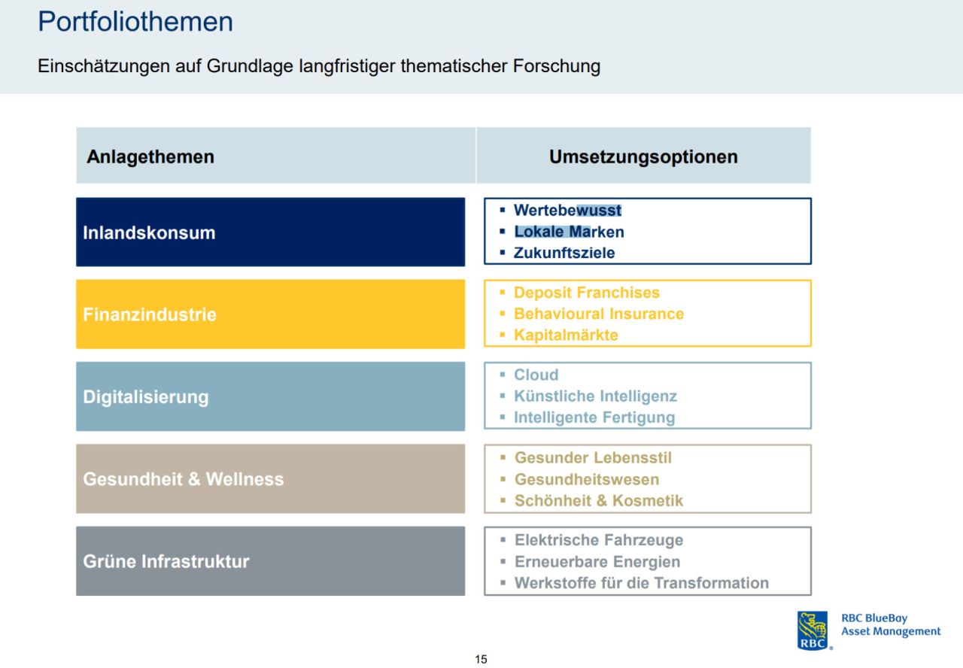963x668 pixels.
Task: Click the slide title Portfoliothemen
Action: (x=135, y=22)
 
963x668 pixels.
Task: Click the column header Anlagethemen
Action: (x=150, y=156)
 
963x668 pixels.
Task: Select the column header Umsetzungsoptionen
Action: (x=643, y=156)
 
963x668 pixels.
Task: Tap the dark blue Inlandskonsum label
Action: (x=149, y=232)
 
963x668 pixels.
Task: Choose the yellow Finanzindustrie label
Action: (x=150, y=314)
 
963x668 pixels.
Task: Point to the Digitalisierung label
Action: (x=146, y=396)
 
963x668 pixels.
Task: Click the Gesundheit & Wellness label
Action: (x=184, y=479)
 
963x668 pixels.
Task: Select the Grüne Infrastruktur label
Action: (x=166, y=561)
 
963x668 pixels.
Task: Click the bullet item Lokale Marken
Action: (x=569, y=232)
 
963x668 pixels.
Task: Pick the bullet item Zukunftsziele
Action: (x=564, y=253)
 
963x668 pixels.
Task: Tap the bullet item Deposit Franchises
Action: (x=587, y=293)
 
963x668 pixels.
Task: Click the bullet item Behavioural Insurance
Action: (x=599, y=314)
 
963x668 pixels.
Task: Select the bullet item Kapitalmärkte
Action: (x=566, y=335)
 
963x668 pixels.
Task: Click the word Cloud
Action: (x=536, y=375)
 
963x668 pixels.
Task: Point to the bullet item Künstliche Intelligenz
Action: (x=595, y=396)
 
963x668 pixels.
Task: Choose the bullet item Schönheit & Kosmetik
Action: (x=599, y=500)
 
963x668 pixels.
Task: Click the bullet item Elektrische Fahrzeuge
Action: (x=599, y=540)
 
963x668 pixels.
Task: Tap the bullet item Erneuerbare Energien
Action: (x=597, y=561)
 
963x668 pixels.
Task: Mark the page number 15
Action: (x=481, y=660)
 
